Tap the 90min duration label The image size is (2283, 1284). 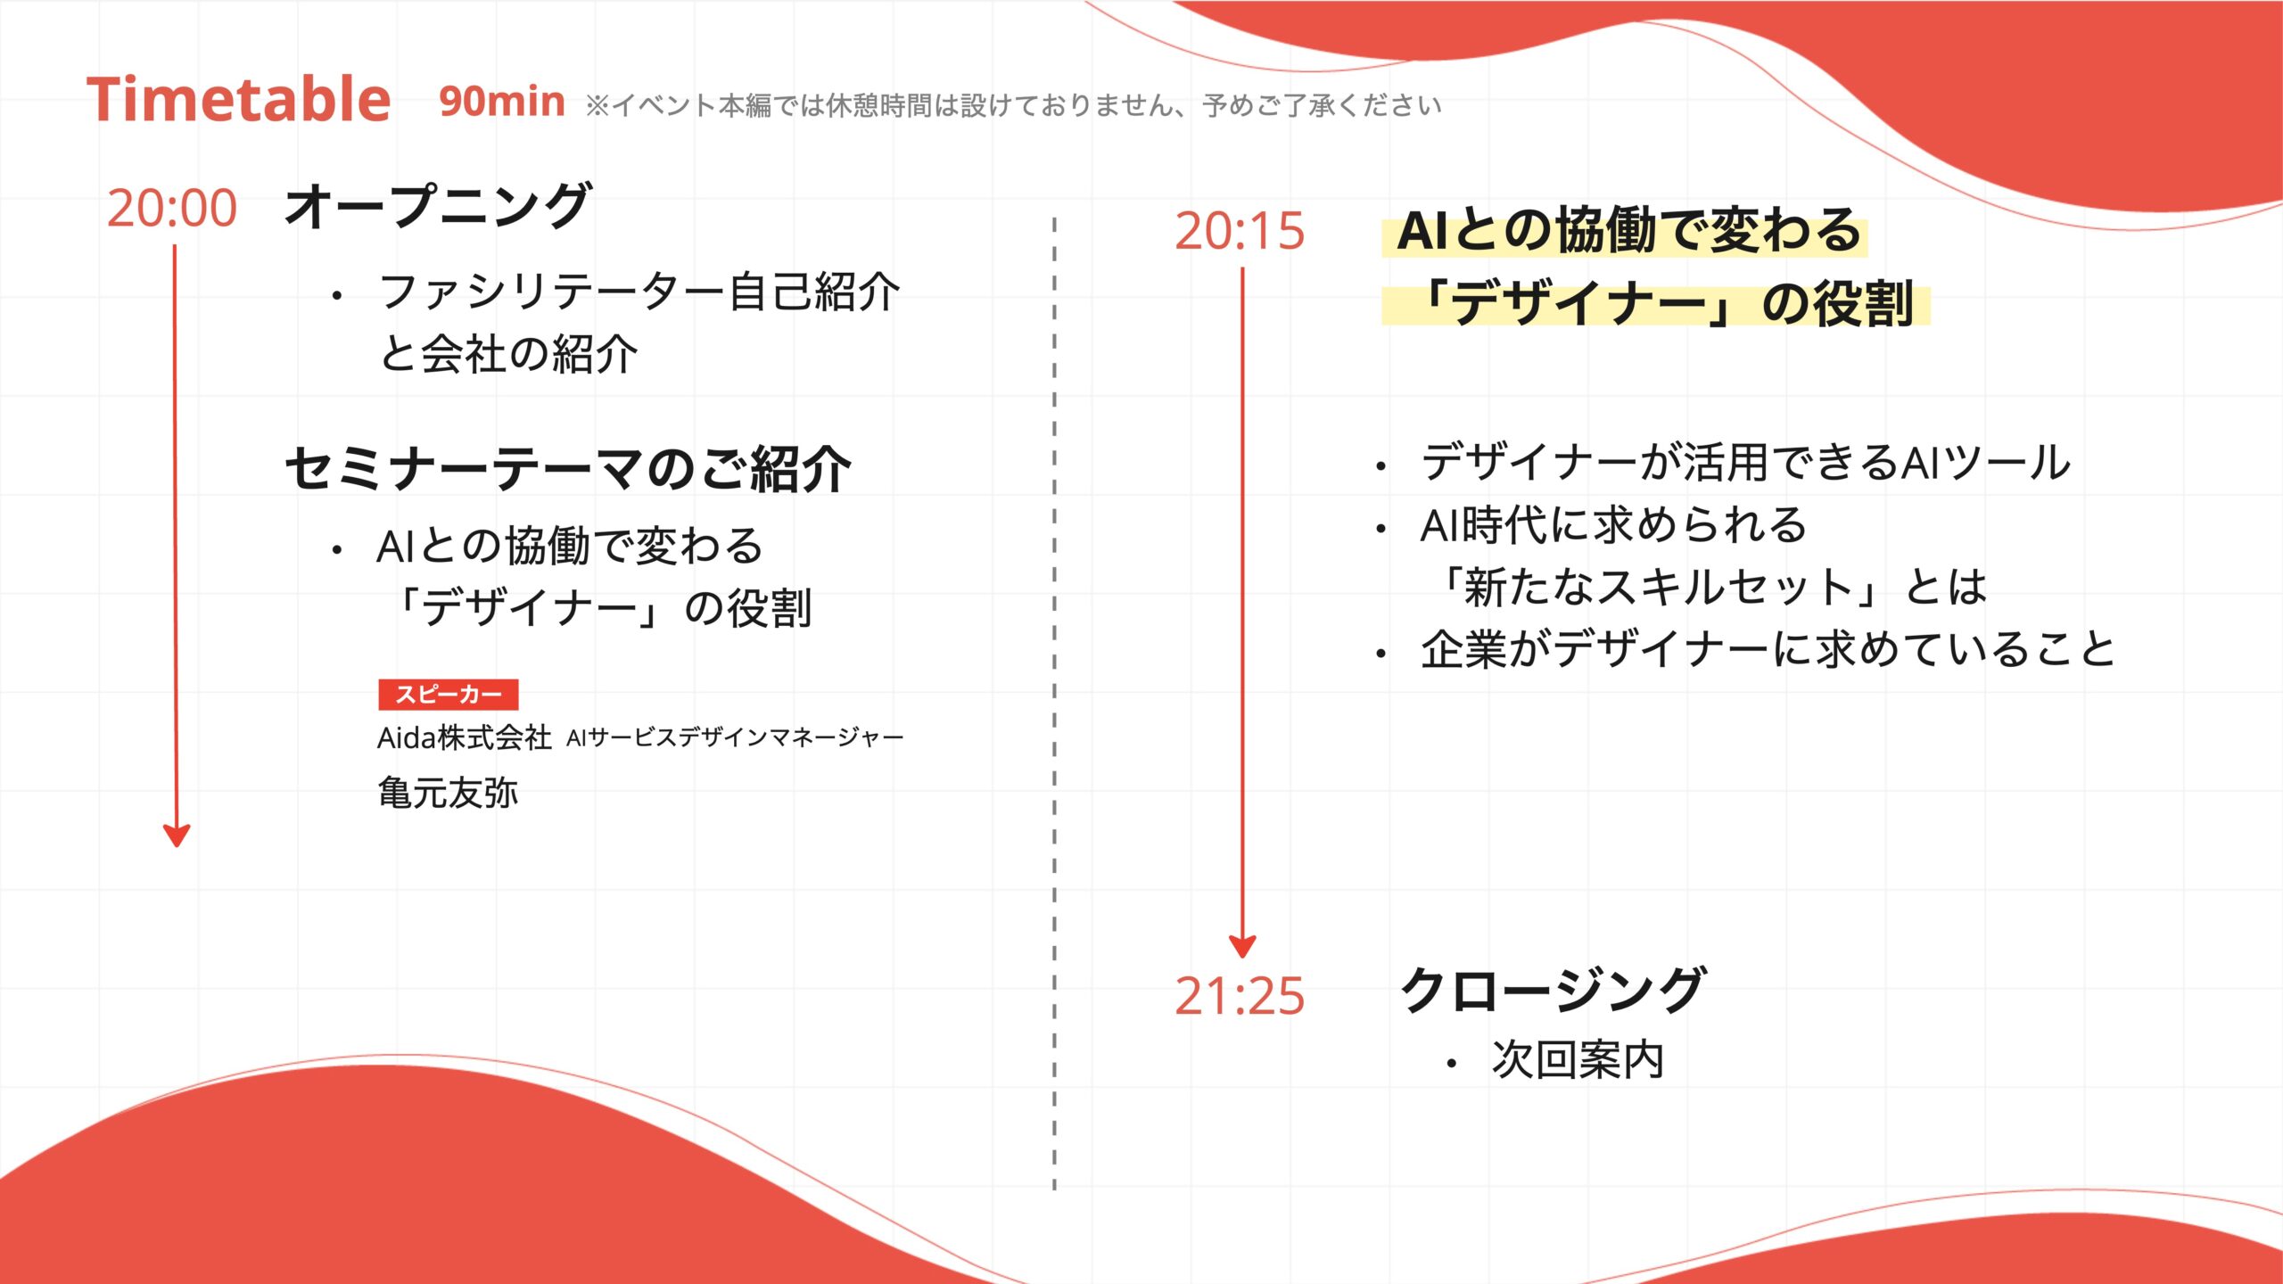pos(502,102)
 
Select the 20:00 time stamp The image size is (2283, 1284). pos(172,208)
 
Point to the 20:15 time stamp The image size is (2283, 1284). pos(1240,231)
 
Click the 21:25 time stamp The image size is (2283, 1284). pos(1240,996)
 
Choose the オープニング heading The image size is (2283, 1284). pos(437,206)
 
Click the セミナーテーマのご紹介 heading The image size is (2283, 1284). pos(568,469)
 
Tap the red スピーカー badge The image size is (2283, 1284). pos(449,695)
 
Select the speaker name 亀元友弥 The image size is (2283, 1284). pos(448,793)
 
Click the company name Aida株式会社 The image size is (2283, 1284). pos(465,737)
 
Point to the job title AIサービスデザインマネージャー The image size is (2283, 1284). pos(735,737)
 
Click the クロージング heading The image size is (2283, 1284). pos(1554,990)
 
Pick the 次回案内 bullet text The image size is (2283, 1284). pos(1578,1060)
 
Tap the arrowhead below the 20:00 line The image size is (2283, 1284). pos(177,835)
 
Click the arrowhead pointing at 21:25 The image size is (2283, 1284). pos(1242,946)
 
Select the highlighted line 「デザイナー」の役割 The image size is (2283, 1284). pos(1664,304)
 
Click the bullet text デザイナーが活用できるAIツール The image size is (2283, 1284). pos(1745,462)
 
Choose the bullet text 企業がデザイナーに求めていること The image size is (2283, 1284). pos(1768,648)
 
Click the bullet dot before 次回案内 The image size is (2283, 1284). pos(1452,1063)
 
